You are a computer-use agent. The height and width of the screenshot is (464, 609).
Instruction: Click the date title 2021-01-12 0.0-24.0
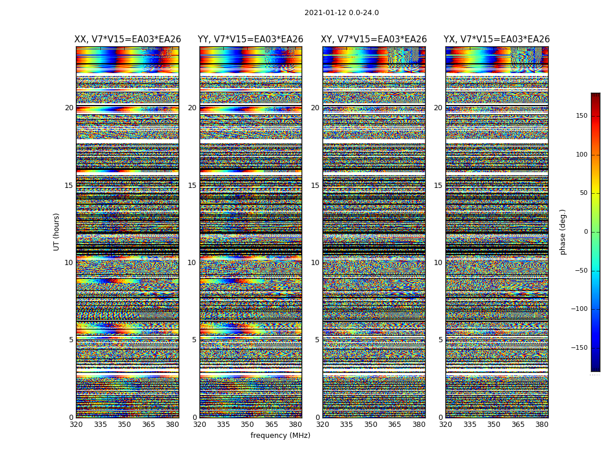(x=342, y=13)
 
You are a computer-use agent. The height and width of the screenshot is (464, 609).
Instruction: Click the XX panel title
(x=128, y=39)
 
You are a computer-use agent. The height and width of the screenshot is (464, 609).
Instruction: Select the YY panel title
(x=251, y=39)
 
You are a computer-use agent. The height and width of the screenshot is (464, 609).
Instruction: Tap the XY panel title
(x=374, y=39)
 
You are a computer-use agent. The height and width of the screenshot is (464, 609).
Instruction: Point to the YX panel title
(x=496, y=39)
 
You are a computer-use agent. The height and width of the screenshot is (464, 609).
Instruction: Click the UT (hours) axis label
(x=57, y=231)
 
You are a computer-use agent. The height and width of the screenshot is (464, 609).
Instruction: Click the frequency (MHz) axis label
(x=280, y=436)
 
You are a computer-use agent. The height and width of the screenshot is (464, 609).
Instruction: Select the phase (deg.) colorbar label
(x=563, y=231)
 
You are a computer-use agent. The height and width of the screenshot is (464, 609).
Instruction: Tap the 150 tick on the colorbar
(x=581, y=116)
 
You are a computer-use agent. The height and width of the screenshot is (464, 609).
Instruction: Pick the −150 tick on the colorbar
(x=579, y=348)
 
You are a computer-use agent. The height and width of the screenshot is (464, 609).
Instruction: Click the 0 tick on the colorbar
(x=586, y=232)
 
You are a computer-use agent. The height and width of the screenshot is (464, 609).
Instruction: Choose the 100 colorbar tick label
(x=581, y=155)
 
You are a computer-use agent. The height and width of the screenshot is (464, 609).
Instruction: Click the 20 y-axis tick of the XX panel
(x=69, y=108)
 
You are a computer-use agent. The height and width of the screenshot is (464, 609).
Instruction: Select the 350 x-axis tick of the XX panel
(x=124, y=425)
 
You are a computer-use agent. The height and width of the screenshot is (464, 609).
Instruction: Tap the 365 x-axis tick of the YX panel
(x=518, y=425)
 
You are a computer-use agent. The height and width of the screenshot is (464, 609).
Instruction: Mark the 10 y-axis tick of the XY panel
(x=315, y=263)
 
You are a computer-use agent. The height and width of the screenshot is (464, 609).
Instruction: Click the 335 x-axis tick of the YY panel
(x=223, y=425)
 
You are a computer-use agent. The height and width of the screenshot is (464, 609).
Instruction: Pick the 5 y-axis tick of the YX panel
(x=440, y=340)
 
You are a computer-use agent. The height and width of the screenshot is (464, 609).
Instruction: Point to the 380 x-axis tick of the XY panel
(x=419, y=425)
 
